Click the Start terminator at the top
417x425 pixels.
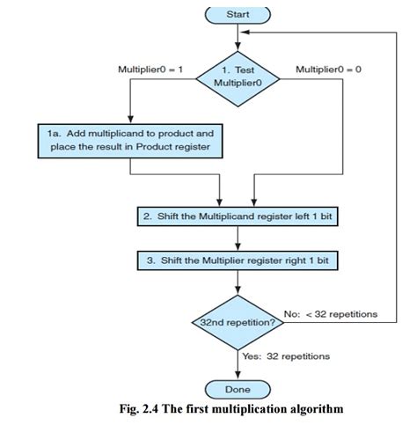click(x=238, y=14)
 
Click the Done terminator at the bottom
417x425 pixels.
click(x=238, y=389)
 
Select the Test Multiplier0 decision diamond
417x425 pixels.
click(x=238, y=76)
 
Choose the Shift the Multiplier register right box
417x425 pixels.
click(x=238, y=261)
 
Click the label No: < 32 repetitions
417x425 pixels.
click(x=331, y=313)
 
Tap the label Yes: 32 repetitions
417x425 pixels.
click(x=285, y=356)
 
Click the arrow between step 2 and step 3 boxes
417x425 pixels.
click(x=238, y=239)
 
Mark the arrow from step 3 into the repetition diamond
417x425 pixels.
click(x=238, y=286)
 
